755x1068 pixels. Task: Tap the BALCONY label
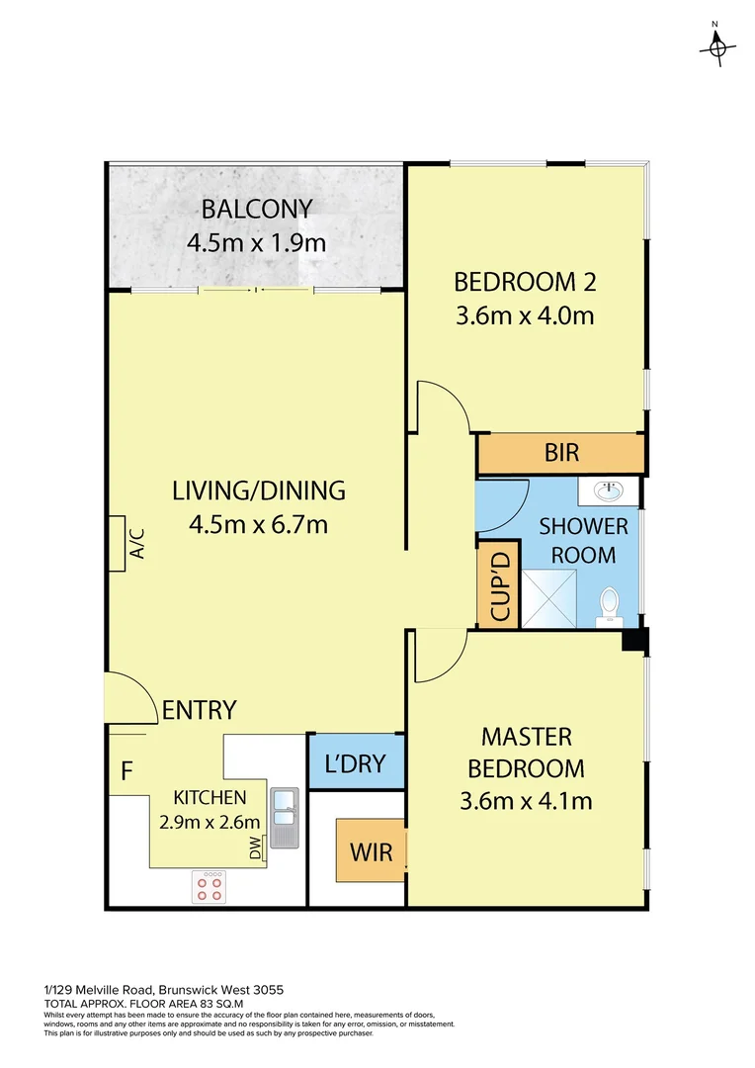pyautogui.click(x=257, y=210)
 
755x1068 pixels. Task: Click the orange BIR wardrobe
pyautogui.click(x=560, y=454)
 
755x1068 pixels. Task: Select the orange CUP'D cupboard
pyautogui.click(x=498, y=584)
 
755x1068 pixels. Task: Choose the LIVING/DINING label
pyautogui.click(x=258, y=490)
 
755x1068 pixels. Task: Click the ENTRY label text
pyautogui.click(x=199, y=710)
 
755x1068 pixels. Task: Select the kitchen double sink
pyautogui.click(x=284, y=817)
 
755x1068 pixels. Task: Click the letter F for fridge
pyautogui.click(x=126, y=770)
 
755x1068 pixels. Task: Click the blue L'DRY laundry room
pyautogui.click(x=356, y=762)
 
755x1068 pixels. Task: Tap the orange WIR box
pyautogui.click(x=371, y=849)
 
